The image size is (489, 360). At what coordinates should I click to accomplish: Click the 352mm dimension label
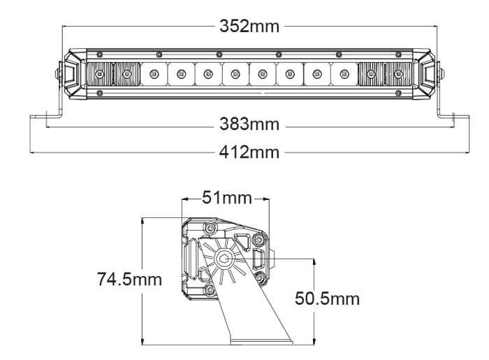point(249,27)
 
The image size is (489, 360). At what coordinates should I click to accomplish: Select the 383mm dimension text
point(249,125)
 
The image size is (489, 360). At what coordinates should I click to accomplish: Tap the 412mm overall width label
point(249,151)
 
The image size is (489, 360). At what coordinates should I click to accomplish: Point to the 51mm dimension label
point(226,198)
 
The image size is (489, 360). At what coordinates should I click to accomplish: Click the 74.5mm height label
point(129,280)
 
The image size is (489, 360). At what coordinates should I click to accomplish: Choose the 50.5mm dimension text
point(327,299)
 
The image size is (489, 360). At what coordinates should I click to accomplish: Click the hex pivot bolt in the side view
point(225,259)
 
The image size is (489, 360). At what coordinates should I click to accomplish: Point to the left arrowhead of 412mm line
point(31,151)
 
